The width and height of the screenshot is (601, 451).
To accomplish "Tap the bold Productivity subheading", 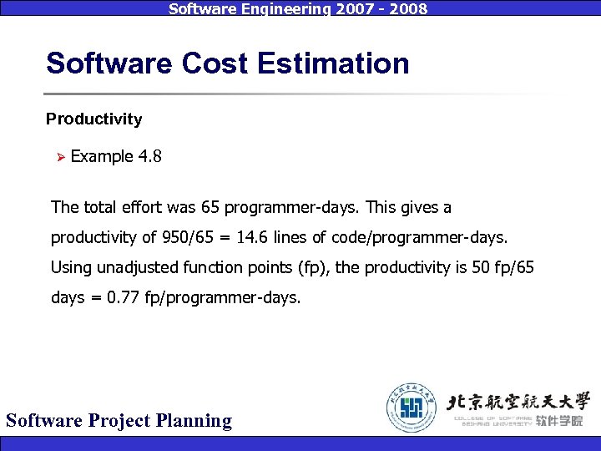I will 93,119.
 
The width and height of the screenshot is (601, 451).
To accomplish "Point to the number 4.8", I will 150,157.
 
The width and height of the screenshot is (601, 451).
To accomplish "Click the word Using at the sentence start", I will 69,268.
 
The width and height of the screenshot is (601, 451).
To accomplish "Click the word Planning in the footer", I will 195,420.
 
